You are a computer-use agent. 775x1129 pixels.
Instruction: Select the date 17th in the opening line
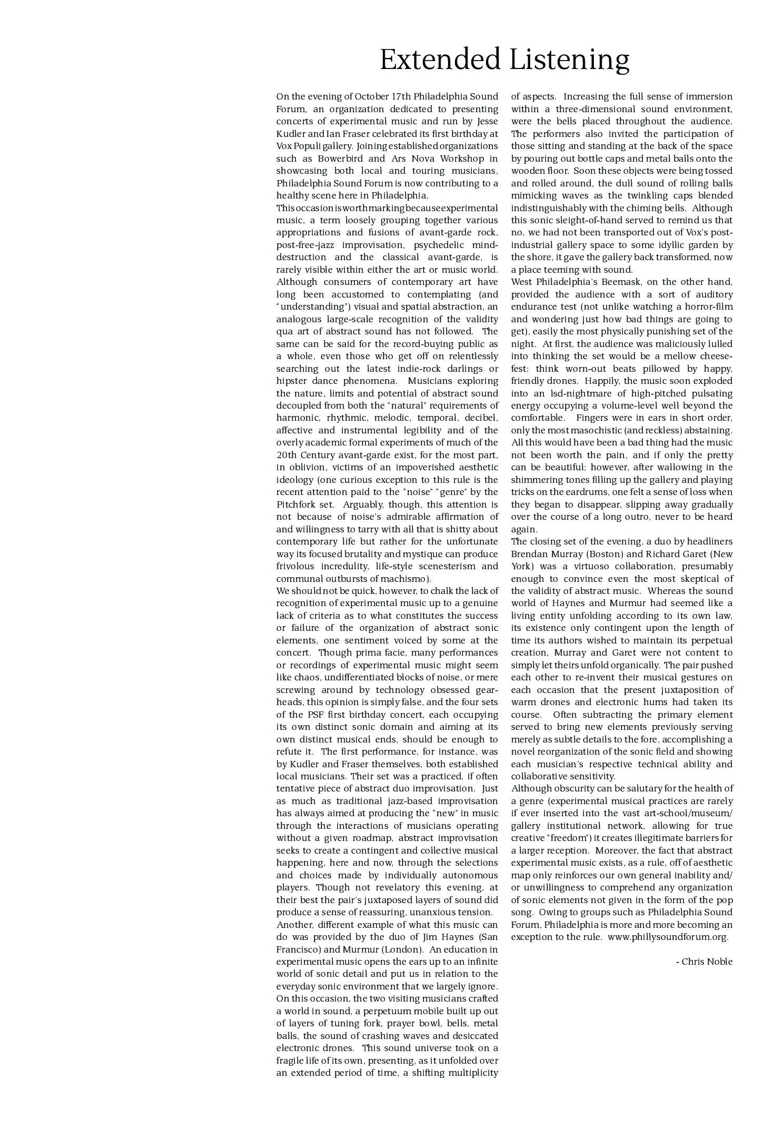401,96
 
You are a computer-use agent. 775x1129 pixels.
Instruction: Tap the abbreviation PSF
313,715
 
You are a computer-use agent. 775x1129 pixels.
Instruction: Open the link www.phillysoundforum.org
668,937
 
